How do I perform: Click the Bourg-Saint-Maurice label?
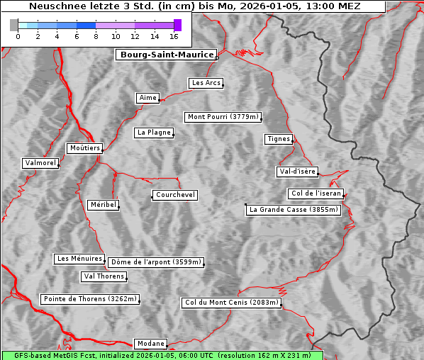pyautogui.click(x=167, y=55)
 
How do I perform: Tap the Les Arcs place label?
pyautogui.click(x=206, y=83)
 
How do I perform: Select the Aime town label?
pyautogui.click(x=148, y=98)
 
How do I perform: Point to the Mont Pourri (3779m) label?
pyautogui.click(x=223, y=117)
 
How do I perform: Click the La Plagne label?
pyautogui.click(x=154, y=133)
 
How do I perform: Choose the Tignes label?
pyautogui.click(x=279, y=139)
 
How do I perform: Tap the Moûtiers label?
pyautogui.click(x=84, y=148)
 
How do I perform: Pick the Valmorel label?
pyautogui.click(x=40, y=163)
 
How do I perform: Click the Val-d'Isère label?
pyautogui.click(x=297, y=171)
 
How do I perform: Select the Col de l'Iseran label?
pyautogui.click(x=316, y=193)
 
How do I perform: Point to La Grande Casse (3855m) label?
pyautogui.click(x=294, y=210)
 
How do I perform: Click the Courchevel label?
pyautogui.click(x=175, y=195)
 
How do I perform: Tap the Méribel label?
pyautogui.click(x=103, y=205)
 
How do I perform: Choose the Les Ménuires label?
pyautogui.click(x=79, y=259)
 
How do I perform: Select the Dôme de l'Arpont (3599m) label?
pyautogui.click(x=156, y=262)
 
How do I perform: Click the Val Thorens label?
pyautogui.click(x=104, y=276)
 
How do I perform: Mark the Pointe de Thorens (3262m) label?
pyautogui.click(x=90, y=299)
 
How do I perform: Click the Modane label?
pyautogui.click(x=150, y=344)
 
